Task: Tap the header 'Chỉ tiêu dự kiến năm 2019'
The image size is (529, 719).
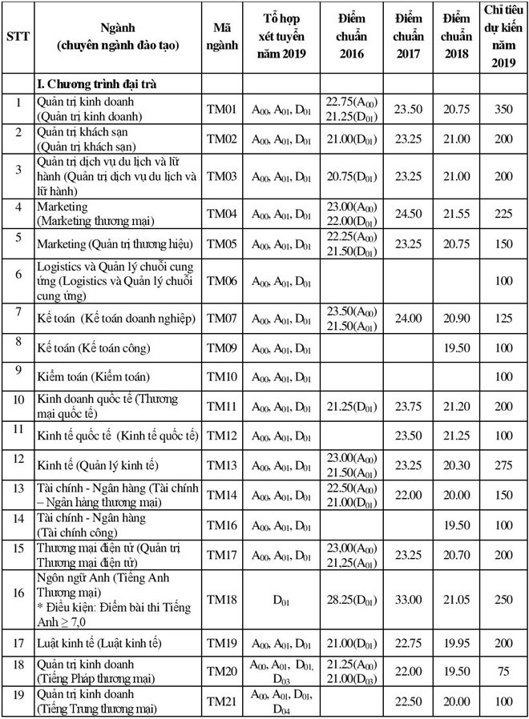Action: click(503, 38)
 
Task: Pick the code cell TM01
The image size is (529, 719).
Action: click(222, 109)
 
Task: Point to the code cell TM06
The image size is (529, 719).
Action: click(222, 281)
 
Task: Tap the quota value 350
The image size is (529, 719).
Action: click(503, 109)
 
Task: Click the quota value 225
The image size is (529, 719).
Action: click(503, 214)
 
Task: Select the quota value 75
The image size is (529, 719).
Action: click(503, 673)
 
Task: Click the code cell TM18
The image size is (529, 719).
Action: click(222, 598)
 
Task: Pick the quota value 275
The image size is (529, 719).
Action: click(503, 464)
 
